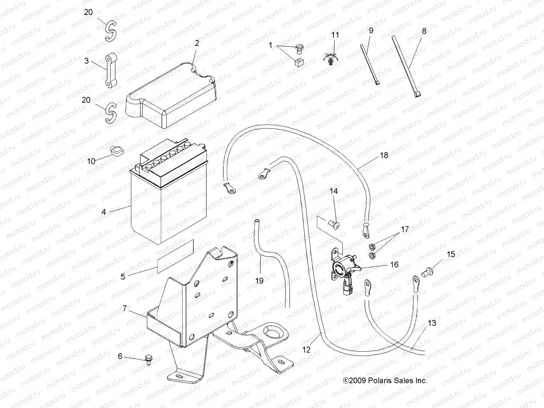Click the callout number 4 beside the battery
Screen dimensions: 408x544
click(x=104, y=212)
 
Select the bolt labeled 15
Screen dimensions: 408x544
click(x=427, y=271)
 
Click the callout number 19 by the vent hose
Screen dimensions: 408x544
click(x=259, y=281)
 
